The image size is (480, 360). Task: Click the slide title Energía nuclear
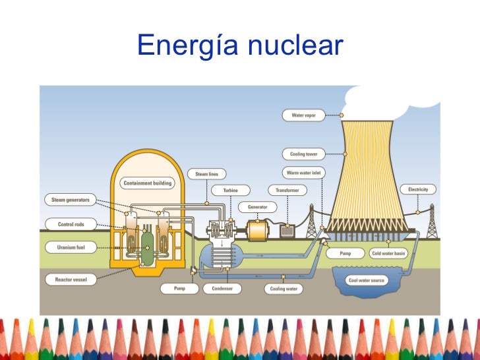tap(240, 45)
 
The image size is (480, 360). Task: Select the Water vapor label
tap(304, 115)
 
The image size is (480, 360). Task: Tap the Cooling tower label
tap(304, 154)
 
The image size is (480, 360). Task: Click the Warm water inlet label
tap(304, 173)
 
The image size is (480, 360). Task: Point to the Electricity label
tap(418, 189)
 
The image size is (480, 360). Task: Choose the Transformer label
tap(288, 190)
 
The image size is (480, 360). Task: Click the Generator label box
tap(257, 206)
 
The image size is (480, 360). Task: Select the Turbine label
tap(230, 190)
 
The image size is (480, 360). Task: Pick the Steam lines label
tap(207, 174)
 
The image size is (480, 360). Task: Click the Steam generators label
tap(71, 199)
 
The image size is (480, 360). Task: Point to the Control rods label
tap(71, 224)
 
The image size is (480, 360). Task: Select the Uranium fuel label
tap(71, 248)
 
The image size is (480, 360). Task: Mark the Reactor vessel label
tap(71, 280)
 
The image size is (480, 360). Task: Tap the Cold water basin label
tap(388, 253)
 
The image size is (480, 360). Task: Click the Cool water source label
tap(367, 280)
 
